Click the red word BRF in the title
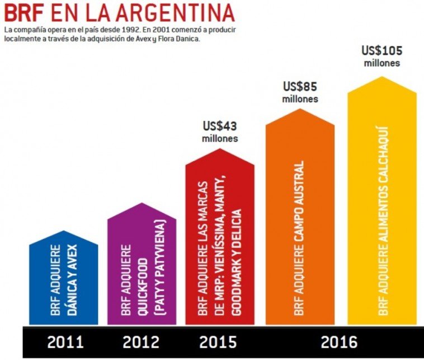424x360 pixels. coord(24,12)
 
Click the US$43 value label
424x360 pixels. coord(219,125)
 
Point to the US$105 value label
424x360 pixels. coord(382,50)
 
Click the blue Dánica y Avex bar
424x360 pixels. coord(63,280)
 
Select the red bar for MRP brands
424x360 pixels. coord(219,246)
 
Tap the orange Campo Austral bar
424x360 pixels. coord(300,224)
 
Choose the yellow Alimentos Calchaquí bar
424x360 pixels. coord(382,207)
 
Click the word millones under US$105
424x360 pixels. coord(382,63)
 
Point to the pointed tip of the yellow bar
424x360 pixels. coord(382,78)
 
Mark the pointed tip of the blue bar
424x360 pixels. coord(63,231)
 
